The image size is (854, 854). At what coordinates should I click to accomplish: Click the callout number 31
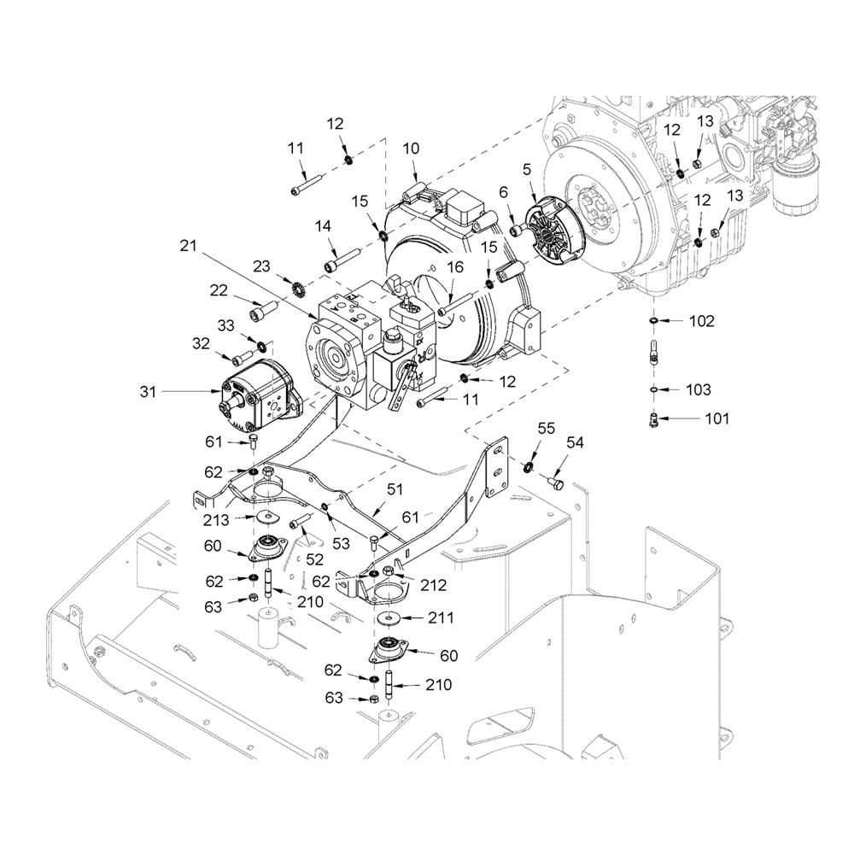(148, 392)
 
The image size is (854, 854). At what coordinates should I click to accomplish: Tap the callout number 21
(188, 246)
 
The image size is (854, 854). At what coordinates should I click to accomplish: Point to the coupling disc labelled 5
(554, 231)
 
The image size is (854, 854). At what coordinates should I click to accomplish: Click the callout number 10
(412, 149)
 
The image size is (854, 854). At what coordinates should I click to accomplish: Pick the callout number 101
(717, 418)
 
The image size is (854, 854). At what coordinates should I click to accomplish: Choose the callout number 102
(701, 321)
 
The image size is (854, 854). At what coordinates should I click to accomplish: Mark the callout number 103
(699, 390)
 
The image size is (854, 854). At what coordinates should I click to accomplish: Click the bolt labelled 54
(556, 482)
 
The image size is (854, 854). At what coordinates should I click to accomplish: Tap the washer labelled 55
(527, 467)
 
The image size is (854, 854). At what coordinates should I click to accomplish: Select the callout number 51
(395, 489)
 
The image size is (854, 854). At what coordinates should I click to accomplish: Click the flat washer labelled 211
(388, 617)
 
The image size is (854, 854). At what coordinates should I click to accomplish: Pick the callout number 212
(434, 585)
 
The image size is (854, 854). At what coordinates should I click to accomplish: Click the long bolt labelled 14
(342, 260)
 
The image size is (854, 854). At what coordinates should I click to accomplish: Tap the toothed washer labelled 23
(297, 285)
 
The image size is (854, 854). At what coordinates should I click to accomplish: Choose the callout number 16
(455, 266)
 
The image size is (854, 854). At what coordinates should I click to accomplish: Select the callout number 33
(225, 325)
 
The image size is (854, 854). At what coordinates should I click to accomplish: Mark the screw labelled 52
(300, 520)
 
